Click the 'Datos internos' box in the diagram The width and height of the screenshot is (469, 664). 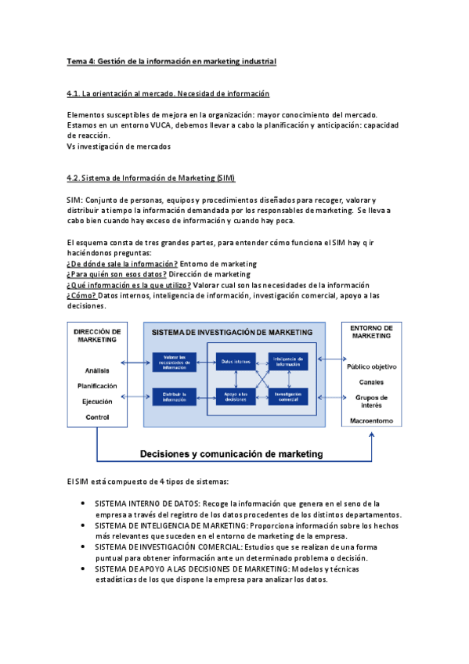point(236,361)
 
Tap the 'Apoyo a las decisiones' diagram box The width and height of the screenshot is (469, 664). point(236,396)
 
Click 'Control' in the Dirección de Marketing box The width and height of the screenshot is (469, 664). point(97,417)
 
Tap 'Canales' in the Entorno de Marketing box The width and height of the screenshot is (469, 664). point(371,382)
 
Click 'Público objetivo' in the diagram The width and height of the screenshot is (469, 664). point(371,366)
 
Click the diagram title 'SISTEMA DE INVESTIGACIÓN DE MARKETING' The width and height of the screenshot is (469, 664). point(232,332)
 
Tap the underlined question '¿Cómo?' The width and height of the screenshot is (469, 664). point(82,296)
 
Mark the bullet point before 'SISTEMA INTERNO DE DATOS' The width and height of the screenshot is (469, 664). point(84,503)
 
